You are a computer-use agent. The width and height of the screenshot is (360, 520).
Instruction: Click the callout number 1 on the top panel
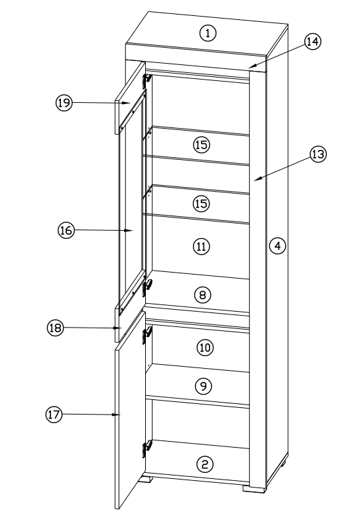click(x=210, y=32)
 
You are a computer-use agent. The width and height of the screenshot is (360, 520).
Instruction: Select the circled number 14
click(x=312, y=41)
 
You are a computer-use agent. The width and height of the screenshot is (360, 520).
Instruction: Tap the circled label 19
click(x=64, y=103)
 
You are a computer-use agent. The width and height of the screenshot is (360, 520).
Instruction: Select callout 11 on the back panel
click(x=201, y=246)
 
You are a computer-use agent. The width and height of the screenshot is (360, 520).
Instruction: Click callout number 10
click(x=206, y=347)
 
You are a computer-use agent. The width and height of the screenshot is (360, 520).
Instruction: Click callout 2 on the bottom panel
click(x=207, y=464)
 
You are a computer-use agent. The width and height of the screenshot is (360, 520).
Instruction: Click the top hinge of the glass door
click(x=147, y=80)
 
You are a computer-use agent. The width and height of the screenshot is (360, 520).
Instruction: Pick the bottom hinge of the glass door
click(x=147, y=287)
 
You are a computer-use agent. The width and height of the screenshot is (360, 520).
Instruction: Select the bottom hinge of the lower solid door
click(x=147, y=449)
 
